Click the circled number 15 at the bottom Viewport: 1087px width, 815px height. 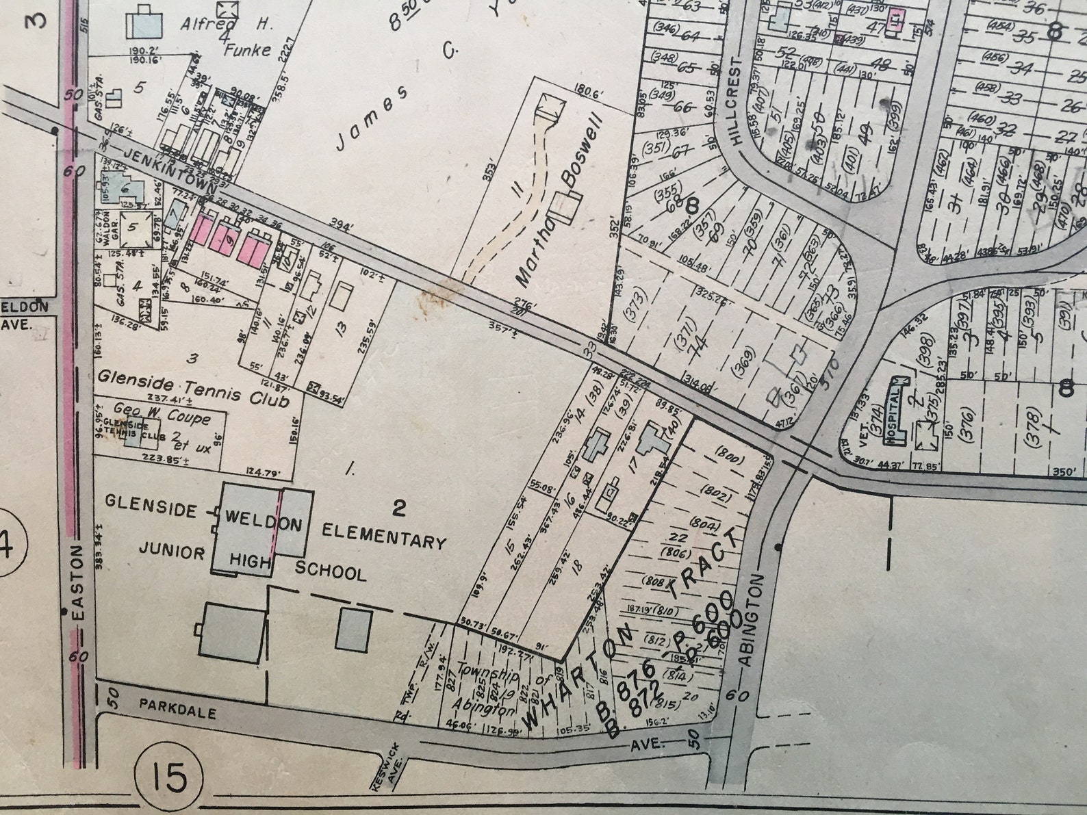click(170, 777)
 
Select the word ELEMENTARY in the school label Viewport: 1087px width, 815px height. click(383, 536)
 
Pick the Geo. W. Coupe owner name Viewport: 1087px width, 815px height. click(162, 414)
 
